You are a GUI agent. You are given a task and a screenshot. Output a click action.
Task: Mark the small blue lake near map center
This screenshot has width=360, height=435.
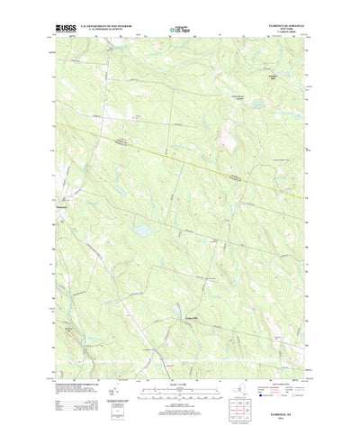click(x=141, y=232)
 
